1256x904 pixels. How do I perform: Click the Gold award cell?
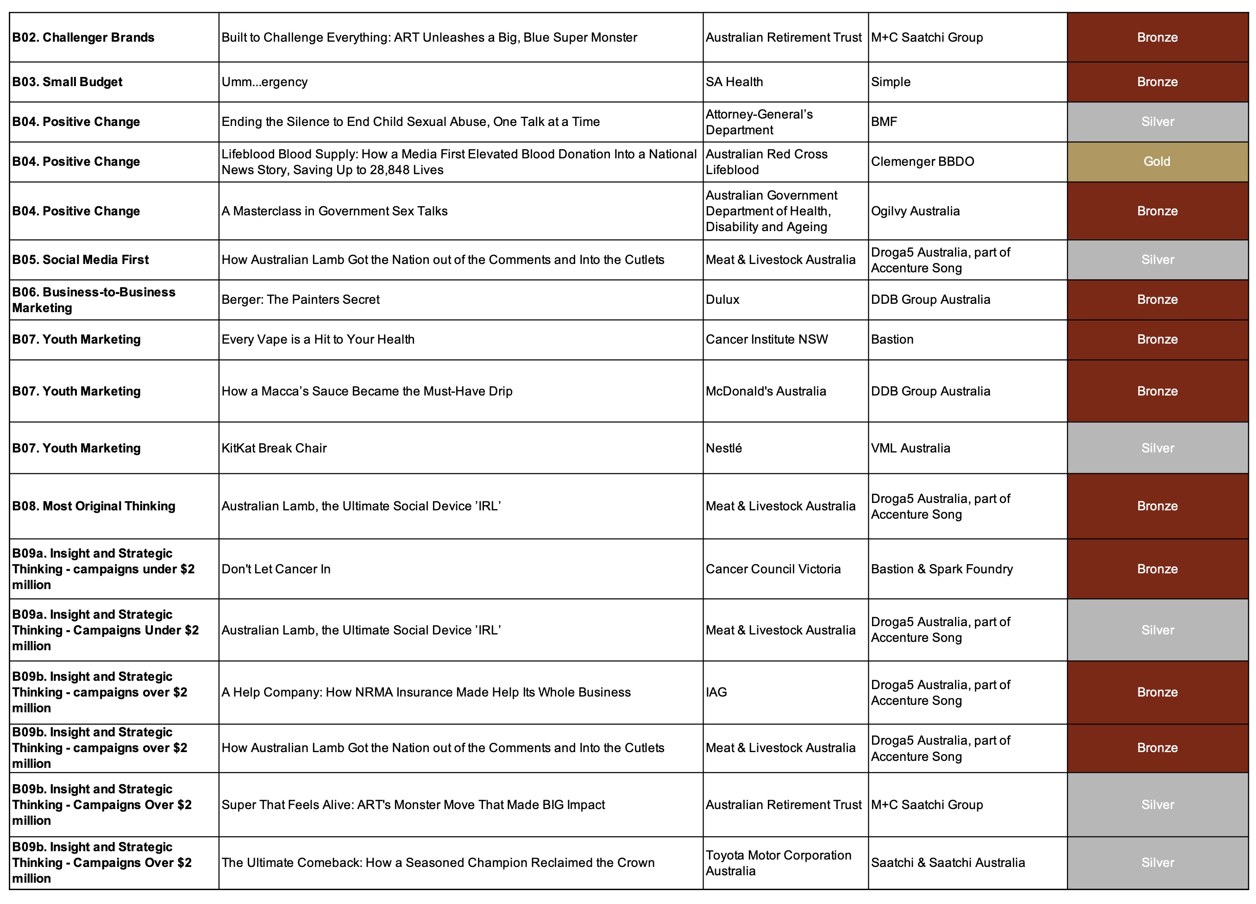(x=1157, y=162)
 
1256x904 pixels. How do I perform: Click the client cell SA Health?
(x=734, y=82)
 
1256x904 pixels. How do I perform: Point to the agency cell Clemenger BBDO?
(x=922, y=162)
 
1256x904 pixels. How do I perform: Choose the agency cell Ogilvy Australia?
(x=915, y=211)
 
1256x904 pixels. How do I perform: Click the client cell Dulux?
(x=722, y=300)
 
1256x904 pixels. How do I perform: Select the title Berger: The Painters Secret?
(x=301, y=300)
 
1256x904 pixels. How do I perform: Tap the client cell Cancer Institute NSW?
(x=766, y=339)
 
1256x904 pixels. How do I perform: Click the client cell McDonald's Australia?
(x=766, y=391)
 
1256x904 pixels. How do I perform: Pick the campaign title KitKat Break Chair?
(x=274, y=448)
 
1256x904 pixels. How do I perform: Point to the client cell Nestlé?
(x=723, y=448)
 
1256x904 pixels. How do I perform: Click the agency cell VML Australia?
(x=911, y=448)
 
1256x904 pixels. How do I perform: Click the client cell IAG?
(x=716, y=692)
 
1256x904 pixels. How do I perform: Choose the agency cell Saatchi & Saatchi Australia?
(x=948, y=862)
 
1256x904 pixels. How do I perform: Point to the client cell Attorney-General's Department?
(x=759, y=122)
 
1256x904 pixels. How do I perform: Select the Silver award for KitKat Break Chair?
(x=1157, y=448)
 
